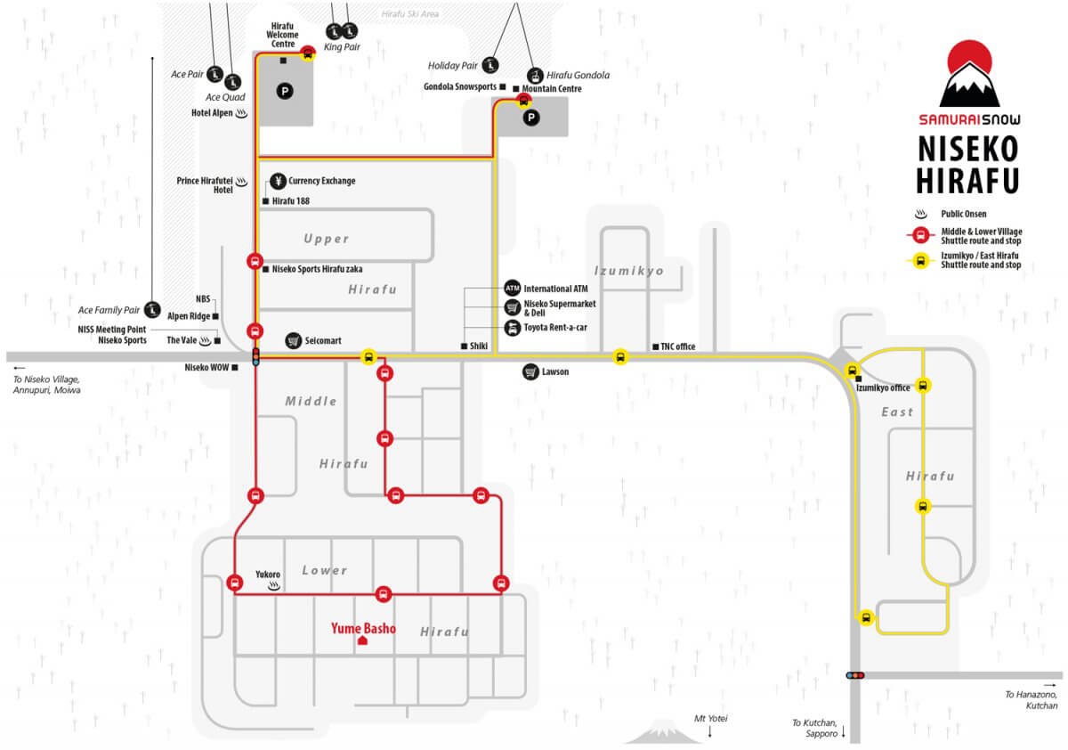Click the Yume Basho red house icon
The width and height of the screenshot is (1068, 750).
coord(362,640)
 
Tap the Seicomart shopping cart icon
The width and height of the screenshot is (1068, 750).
coord(293,340)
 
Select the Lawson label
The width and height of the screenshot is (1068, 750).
coord(555,371)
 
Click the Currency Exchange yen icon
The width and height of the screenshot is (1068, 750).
coord(278,181)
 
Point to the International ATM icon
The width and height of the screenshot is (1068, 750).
coord(512,289)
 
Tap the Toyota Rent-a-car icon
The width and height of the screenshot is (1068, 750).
coord(512,328)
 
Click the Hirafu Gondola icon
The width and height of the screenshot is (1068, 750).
coord(536,76)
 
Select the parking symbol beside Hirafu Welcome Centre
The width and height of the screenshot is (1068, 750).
coord(285,91)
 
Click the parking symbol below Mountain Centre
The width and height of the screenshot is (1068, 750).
coord(531,118)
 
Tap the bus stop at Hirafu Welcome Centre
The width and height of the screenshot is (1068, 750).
coord(308,53)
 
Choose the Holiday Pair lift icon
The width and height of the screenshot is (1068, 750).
coord(490,65)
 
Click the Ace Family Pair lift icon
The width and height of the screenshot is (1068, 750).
coord(152,310)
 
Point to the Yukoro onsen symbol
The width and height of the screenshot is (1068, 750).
coord(274,586)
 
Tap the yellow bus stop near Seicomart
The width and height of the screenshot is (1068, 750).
coord(368,357)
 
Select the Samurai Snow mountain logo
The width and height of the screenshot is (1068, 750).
coord(969,74)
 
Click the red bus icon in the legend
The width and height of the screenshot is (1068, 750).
coord(920,235)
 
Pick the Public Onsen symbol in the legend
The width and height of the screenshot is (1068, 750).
coord(920,214)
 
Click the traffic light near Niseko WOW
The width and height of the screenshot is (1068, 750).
coord(256,356)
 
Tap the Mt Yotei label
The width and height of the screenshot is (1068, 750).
coord(710,719)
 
